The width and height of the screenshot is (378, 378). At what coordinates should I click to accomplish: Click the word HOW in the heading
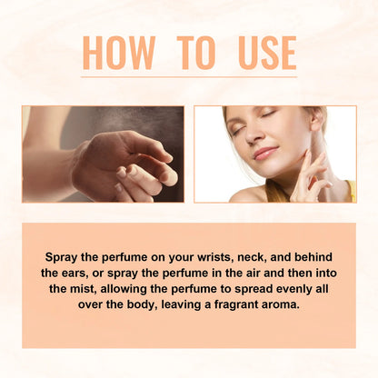(x=118, y=53)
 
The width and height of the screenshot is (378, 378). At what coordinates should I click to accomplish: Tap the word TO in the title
(x=194, y=53)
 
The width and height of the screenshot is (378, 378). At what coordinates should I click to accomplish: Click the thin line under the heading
(x=189, y=79)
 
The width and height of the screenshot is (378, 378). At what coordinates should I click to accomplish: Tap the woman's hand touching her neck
(x=309, y=173)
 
